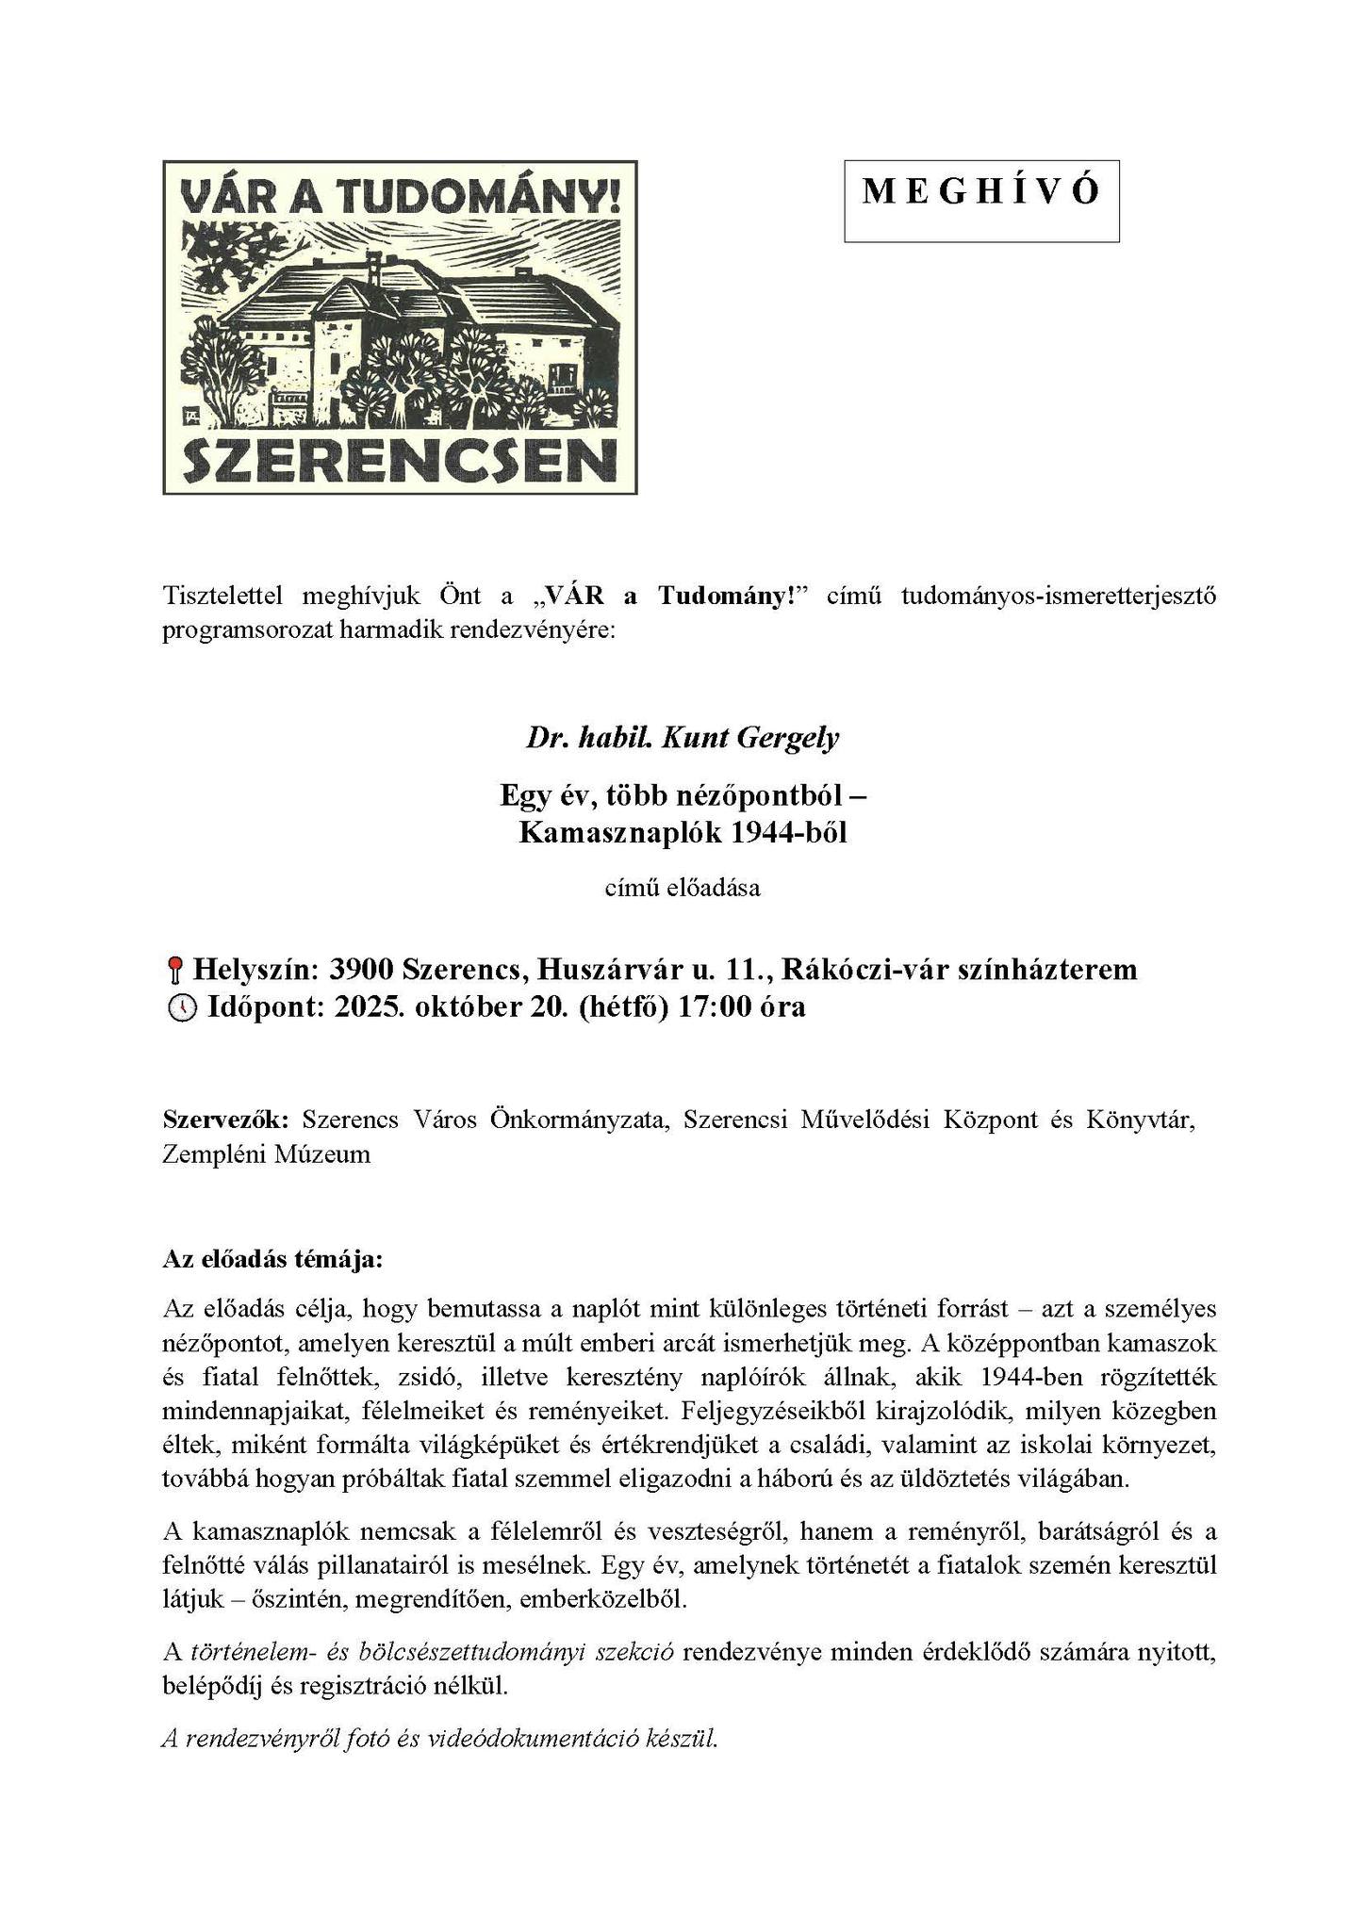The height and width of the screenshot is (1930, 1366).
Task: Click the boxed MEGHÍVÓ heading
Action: tap(980, 193)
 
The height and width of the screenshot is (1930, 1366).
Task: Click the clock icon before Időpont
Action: tap(181, 1008)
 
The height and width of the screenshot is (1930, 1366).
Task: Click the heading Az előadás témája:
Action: tap(273, 1259)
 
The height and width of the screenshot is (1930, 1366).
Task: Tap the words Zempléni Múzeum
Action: tap(266, 1153)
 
